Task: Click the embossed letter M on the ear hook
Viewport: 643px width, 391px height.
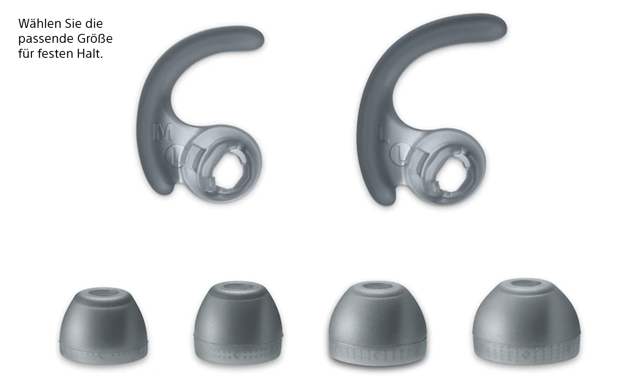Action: pos(163,132)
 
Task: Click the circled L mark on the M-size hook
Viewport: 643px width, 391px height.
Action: pos(175,156)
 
